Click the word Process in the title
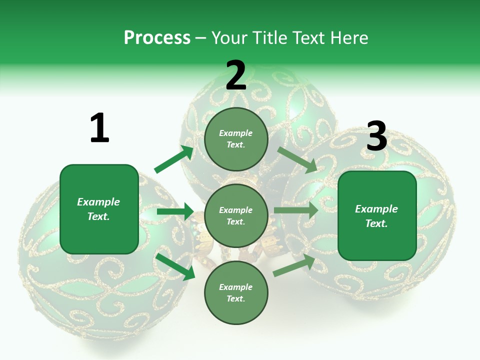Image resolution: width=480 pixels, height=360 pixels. point(157,37)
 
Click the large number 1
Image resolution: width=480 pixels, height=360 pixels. point(100,127)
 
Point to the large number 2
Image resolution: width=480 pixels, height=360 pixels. point(236,74)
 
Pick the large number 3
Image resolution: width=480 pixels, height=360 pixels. point(377,135)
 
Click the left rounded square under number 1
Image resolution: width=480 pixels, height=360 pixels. point(99,209)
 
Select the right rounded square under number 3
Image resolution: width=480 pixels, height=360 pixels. point(377,216)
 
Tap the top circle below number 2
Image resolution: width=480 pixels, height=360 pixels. point(236,139)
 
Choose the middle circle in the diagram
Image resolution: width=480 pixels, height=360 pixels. point(236,216)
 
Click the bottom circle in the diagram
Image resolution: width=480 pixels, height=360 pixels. point(236,293)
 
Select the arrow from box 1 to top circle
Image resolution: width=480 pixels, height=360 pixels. point(174,159)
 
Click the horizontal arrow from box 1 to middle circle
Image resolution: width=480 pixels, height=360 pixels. point(175,211)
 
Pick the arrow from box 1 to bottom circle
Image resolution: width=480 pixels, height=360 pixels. point(175,266)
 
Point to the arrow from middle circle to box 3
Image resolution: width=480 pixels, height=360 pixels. point(296,210)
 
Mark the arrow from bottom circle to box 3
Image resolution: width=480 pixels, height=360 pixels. point(294,265)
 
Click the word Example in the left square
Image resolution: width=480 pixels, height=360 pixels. point(98,202)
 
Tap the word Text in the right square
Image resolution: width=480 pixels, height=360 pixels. point(376,223)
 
